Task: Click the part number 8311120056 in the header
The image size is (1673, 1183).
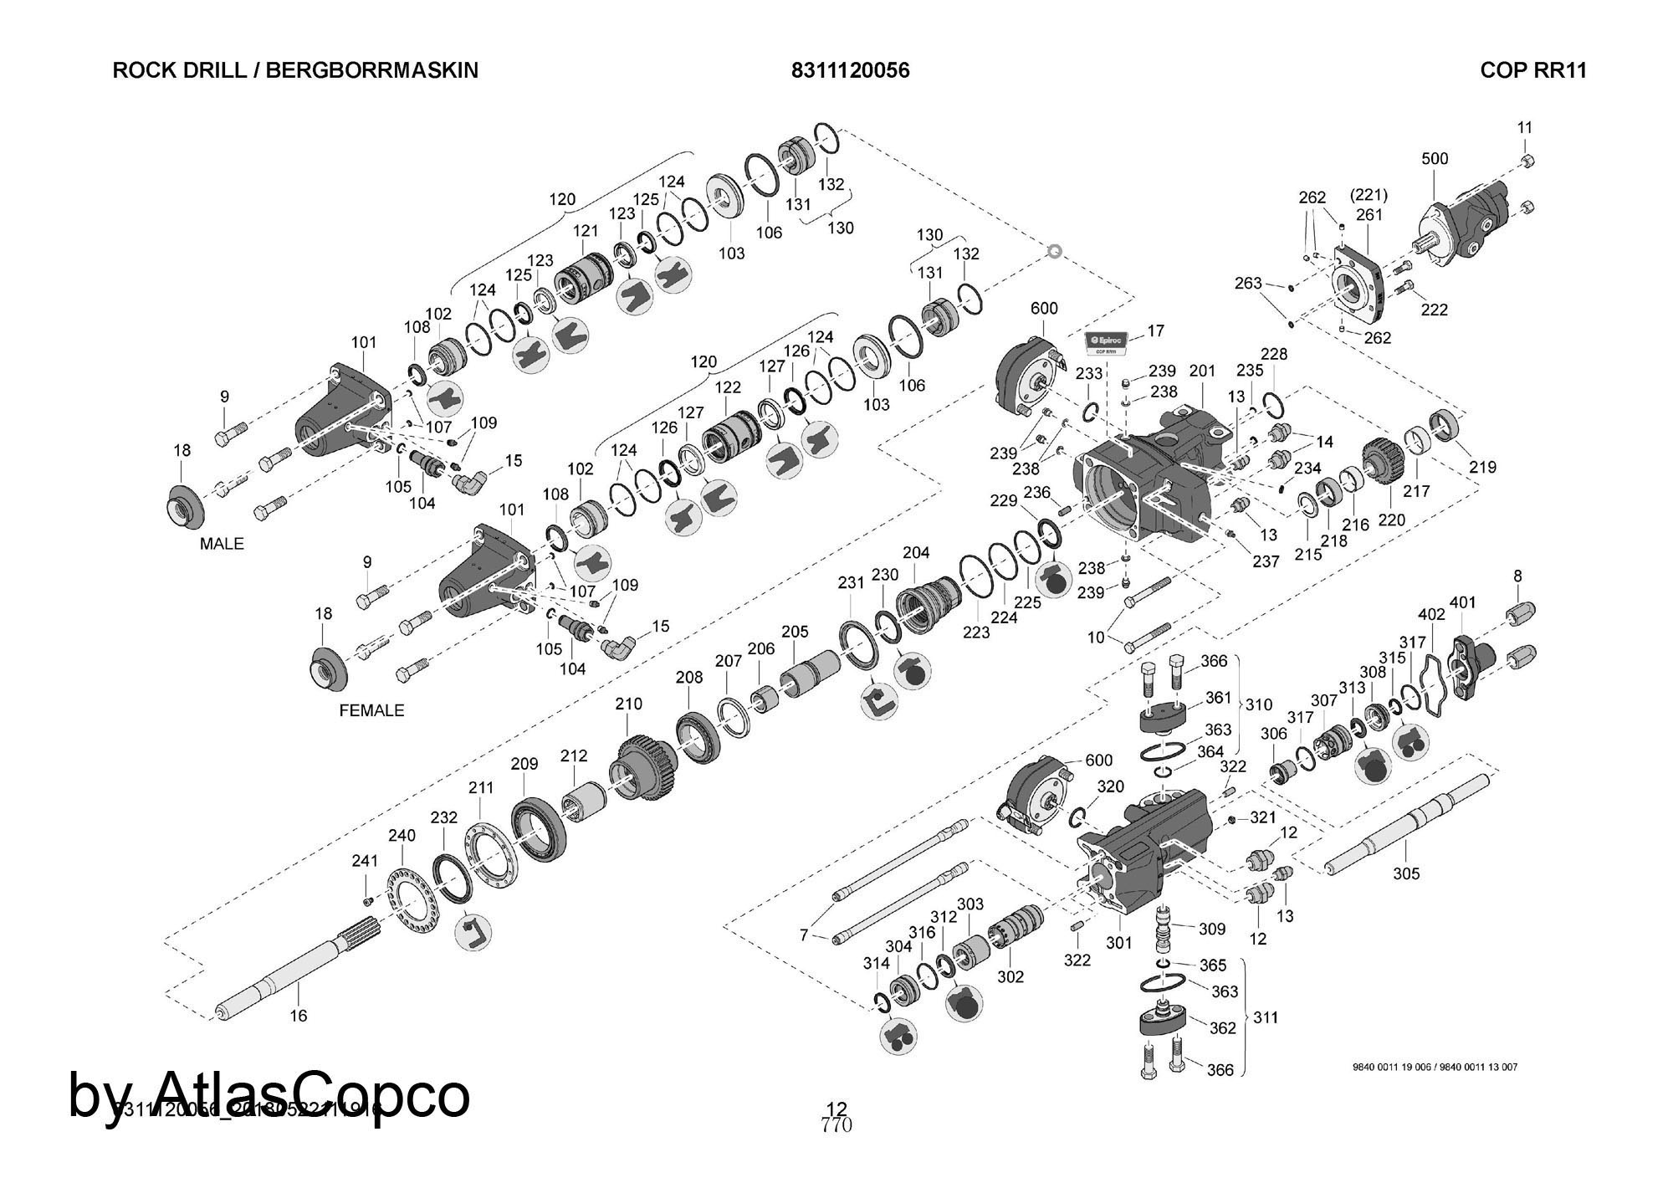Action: [850, 70]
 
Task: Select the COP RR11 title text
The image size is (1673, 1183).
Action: [1532, 70]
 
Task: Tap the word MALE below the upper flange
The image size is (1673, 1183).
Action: [222, 544]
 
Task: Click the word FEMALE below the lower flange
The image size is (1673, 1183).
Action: [371, 710]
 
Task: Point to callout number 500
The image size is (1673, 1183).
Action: [1435, 159]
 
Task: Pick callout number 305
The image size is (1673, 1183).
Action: [1406, 874]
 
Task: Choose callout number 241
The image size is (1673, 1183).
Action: [365, 860]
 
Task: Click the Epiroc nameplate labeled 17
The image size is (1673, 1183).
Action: [1107, 341]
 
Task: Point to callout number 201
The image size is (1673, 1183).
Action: [1202, 371]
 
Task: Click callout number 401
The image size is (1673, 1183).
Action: [1463, 602]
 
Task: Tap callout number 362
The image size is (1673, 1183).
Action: [1222, 1027]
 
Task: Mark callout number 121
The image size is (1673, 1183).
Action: [586, 231]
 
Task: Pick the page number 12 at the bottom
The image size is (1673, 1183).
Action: [836, 1110]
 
